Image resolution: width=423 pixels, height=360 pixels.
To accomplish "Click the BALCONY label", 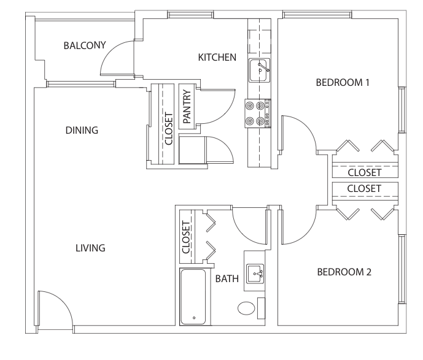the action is (x=85, y=45).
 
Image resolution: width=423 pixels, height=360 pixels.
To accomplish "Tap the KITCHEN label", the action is (x=217, y=58).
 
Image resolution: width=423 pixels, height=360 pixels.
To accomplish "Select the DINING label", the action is (x=82, y=131).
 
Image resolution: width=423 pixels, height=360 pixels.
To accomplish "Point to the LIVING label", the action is (x=90, y=248).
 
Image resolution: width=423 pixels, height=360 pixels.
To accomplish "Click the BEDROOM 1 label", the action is (x=343, y=82).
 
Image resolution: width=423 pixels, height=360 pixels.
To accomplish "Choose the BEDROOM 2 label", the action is (x=344, y=272).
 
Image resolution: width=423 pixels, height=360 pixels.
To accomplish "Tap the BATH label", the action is (x=227, y=278).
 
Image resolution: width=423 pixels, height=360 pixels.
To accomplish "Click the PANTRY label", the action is (x=187, y=107).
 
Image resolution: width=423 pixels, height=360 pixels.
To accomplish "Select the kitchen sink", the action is (x=260, y=71).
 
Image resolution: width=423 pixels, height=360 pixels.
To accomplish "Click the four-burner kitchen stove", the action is (x=258, y=113).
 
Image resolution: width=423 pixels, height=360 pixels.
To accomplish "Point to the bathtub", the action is (x=193, y=297).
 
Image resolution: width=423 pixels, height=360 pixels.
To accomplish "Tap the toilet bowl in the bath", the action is (x=246, y=308).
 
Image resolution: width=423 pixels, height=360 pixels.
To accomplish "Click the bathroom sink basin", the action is (x=255, y=274).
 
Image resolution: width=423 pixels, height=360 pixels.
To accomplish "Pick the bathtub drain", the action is (x=194, y=318).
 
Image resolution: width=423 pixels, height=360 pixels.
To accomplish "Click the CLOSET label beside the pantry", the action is (x=169, y=129).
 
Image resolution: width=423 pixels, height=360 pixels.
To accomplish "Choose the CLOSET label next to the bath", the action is (x=186, y=237).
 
